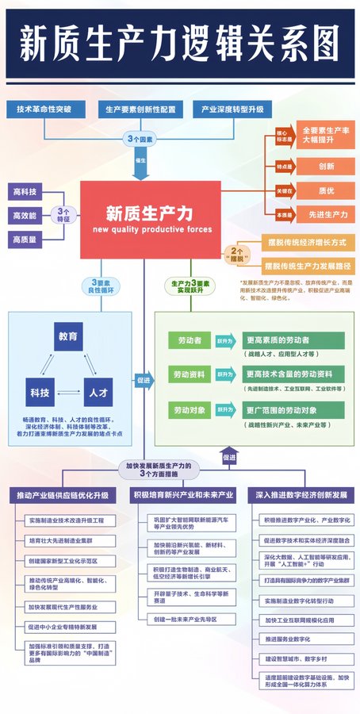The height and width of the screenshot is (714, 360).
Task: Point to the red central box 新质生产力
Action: [150, 219]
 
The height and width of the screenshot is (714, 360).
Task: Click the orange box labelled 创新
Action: [326, 167]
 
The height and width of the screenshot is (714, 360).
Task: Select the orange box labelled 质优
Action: [326, 190]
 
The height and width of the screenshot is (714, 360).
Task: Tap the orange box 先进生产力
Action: [326, 214]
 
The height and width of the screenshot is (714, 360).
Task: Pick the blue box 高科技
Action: [25, 192]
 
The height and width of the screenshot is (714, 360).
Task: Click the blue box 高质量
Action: [25, 239]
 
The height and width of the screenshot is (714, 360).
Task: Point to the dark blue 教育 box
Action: [68, 336]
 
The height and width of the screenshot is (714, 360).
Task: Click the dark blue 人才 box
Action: [99, 391]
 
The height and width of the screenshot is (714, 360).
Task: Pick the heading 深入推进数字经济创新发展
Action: [301, 495]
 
